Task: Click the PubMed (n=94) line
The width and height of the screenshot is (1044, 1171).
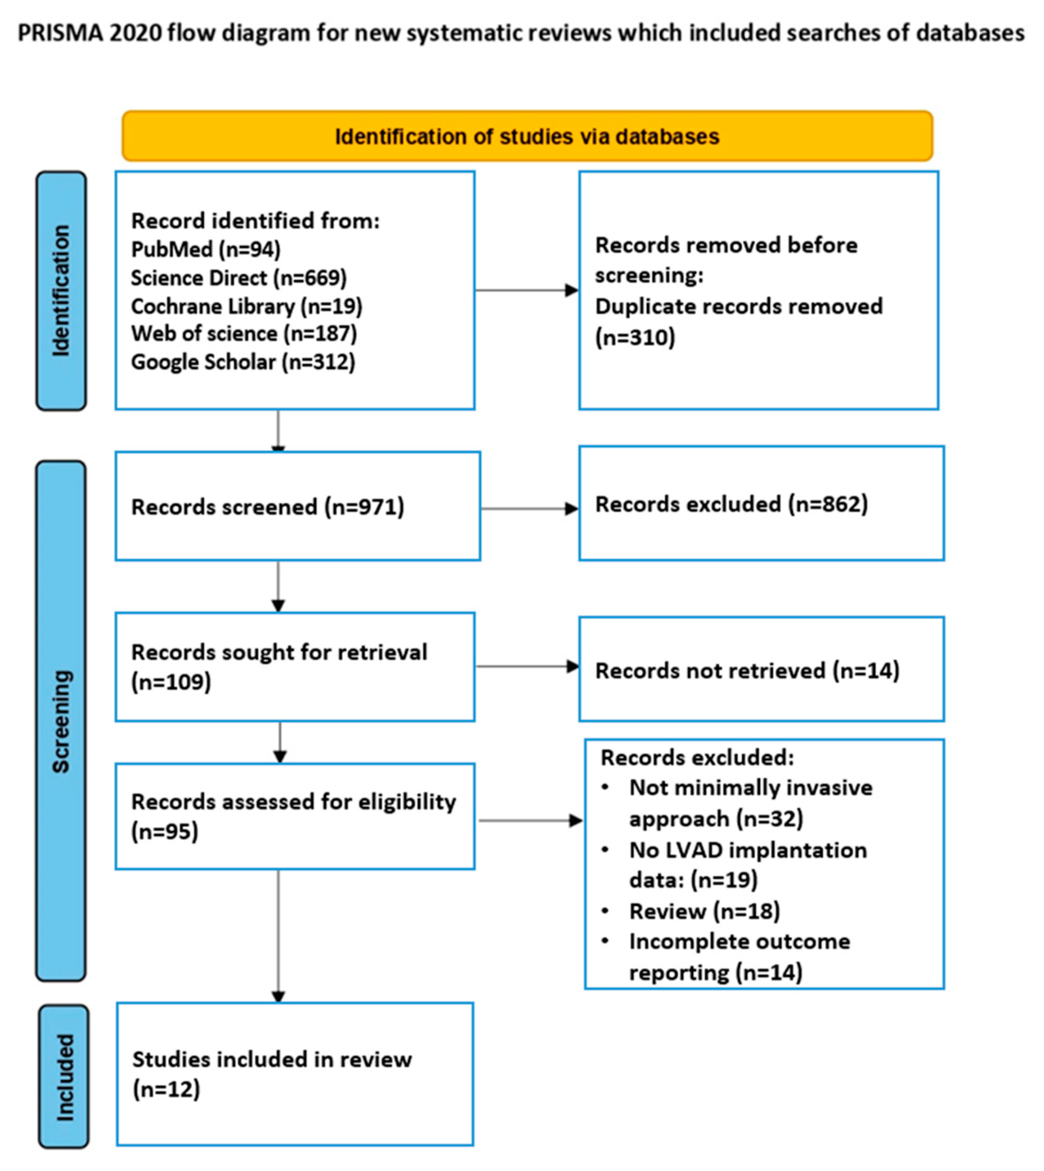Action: pos(205,249)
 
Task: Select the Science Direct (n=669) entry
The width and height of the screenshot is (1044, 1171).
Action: pos(239,278)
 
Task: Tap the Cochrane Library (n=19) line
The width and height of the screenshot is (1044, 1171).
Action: pos(247,306)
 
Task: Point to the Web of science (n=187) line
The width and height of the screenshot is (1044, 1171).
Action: pos(244,333)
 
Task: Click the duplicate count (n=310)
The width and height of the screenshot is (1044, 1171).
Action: pos(635,337)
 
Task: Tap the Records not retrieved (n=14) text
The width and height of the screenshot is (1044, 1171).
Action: pos(747,671)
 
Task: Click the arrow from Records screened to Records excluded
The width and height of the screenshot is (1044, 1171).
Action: pos(529,508)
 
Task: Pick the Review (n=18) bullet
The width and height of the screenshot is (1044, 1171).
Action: pos(704,911)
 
